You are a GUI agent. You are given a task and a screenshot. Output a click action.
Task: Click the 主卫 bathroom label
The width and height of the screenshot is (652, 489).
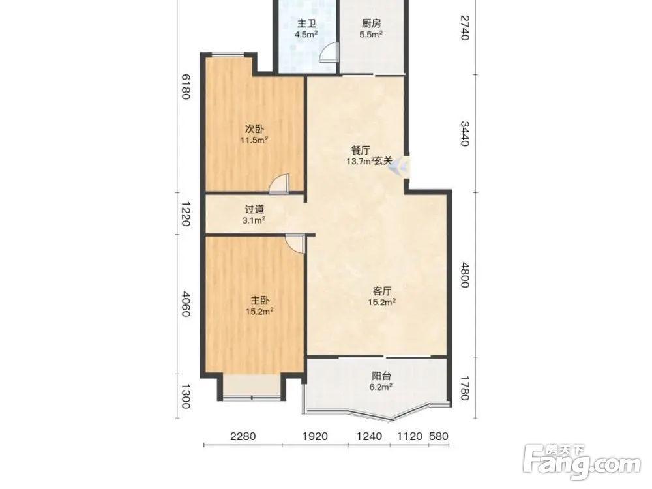pyautogui.click(x=306, y=23)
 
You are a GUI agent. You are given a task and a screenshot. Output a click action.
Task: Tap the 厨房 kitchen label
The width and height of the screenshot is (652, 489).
pyautogui.click(x=371, y=23)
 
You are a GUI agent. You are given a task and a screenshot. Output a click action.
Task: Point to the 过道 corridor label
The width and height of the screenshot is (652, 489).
pyautogui.click(x=254, y=209)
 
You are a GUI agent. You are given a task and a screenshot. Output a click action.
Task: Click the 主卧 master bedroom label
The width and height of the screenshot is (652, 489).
pyautogui.click(x=259, y=300)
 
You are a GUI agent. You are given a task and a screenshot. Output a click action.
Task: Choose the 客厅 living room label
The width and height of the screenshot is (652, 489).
pyautogui.click(x=381, y=291)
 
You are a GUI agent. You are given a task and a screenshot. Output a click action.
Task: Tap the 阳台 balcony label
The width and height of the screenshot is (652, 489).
pyautogui.click(x=381, y=376)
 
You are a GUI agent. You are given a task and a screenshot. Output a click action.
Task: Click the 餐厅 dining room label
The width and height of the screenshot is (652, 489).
pyautogui.click(x=360, y=151)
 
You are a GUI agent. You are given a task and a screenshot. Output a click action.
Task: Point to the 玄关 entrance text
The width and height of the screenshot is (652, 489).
pyautogui.click(x=383, y=161)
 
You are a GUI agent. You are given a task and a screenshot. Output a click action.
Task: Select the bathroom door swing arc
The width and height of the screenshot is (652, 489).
pyautogui.click(x=328, y=53)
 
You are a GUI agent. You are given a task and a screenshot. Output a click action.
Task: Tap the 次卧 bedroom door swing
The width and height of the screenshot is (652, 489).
pyautogui.click(x=278, y=185)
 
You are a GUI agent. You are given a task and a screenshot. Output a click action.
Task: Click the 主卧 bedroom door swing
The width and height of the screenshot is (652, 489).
pyautogui.click(x=295, y=243)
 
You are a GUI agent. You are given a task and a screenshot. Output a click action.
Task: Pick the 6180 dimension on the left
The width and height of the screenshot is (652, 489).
pyautogui.click(x=185, y=87)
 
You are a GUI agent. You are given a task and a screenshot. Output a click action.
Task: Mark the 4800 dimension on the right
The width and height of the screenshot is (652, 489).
pyautogui.click(x=465, y=274)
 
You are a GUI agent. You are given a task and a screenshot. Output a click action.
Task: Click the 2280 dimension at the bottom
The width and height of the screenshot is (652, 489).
pyautogui.click(x=243, y=436)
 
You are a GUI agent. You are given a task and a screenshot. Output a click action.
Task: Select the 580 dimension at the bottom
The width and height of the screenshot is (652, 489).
pyautogui.click(x=439, y=436)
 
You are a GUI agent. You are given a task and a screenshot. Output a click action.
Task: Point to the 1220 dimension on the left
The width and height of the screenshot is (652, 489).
pyautogui.click(x=185, y=214)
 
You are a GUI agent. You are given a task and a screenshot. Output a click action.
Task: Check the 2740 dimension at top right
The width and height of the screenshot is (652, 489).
pyautogui.click(x=465, y=27)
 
